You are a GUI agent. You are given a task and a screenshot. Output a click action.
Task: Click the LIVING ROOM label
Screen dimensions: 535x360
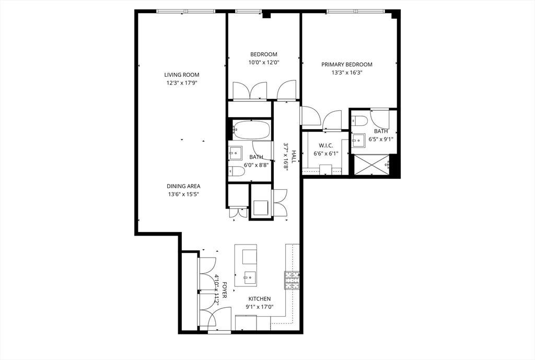[x=181, y=75]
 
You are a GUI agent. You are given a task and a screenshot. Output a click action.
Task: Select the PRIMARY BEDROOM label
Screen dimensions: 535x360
[x=347, y=64]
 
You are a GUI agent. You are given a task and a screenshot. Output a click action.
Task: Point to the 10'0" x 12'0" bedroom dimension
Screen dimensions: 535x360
[x=264, y=63]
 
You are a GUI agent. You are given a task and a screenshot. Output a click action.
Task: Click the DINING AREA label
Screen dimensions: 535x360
[x=183, y=187]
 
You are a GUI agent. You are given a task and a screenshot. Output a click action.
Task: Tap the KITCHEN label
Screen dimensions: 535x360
[x=259, y=298]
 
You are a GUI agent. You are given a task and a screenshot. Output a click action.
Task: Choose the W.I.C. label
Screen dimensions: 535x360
[x=325, y=146]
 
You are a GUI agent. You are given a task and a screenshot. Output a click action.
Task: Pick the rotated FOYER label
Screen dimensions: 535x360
[x=224, y=290]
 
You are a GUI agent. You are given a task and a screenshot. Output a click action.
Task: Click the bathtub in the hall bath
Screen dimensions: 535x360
[x=251, y=130]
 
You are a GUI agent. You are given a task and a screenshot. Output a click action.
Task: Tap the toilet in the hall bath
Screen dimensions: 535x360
[x=237, y=171]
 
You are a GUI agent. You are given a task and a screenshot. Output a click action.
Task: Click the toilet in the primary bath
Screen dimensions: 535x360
[x=359, y=121]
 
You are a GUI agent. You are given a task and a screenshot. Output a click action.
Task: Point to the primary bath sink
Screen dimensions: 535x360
[x=358, y=140]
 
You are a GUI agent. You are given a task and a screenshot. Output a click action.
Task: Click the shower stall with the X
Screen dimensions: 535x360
[x=372, y=165]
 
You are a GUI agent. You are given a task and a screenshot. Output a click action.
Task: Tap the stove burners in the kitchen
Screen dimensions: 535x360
[x=293, y=281]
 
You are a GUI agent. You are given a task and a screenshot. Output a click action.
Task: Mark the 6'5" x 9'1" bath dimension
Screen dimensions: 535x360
[x=381, y=139]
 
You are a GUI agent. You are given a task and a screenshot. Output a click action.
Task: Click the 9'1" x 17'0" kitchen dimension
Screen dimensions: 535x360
[x=259, y=307]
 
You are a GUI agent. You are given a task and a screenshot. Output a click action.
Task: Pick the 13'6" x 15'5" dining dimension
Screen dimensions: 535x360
[x=183, y=194]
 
